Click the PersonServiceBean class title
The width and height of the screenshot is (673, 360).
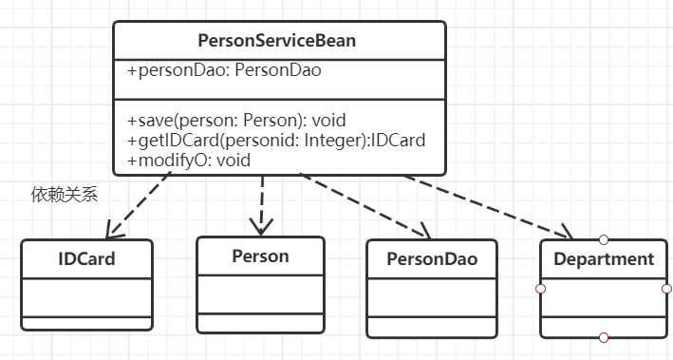[278, 41]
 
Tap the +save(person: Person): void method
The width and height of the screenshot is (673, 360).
[236, 121]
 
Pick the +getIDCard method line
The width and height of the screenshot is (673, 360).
[275, 141]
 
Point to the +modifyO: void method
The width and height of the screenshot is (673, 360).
[188, 161]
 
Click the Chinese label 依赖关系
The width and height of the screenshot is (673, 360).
[65, 195]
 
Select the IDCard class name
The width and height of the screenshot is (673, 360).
[86, 258]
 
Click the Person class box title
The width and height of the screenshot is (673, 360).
[260, 256]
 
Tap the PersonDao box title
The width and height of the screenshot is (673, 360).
[431, 259]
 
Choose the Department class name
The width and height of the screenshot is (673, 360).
[604, 258]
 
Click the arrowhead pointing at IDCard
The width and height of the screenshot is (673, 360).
[112, 229]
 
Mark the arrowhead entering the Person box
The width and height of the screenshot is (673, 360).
[259, 226]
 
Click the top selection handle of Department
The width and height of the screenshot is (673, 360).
[604, 239]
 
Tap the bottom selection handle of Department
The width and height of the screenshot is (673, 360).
[604, 337]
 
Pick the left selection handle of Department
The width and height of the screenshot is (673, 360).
[541, 288]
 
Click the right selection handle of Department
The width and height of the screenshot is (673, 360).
[667, 288]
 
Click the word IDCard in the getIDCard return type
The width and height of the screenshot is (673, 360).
[398, 141]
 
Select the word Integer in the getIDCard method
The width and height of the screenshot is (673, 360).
[329, 141]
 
